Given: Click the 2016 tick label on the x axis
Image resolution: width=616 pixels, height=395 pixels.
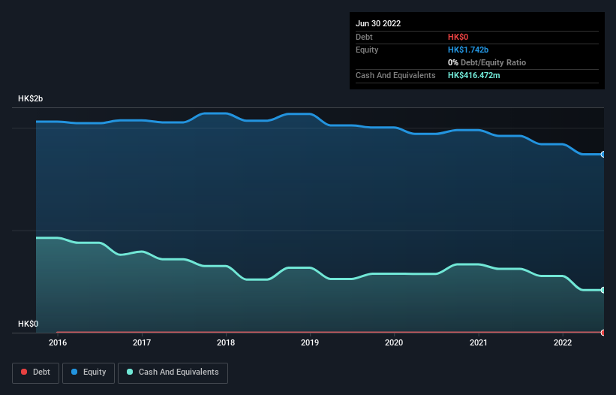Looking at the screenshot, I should (x=57, y=342).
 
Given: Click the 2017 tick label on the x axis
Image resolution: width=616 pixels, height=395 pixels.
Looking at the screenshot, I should (x=141, y=342).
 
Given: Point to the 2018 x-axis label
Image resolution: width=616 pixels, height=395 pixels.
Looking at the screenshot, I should (x=225, y=342).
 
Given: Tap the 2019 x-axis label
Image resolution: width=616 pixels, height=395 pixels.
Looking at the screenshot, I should (x=309, y=342).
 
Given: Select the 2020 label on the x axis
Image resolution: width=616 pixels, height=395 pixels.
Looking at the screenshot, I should (x=393, y=342).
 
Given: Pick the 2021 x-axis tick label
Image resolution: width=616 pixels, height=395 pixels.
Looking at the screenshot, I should (x=477, y=342).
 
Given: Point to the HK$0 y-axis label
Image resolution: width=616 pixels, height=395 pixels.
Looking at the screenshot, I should (x=29, y=324).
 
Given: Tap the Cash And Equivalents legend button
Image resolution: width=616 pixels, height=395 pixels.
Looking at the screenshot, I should (x=173, y=372).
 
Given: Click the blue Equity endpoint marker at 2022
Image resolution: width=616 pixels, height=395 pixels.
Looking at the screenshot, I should (x=602, y=154).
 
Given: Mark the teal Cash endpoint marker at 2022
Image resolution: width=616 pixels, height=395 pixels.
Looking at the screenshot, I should (x=602, y=290).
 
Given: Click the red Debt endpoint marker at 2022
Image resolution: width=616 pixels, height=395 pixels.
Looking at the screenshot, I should (x=602, y=332).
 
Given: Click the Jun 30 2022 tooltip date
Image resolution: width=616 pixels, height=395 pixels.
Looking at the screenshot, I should (x=378, y=23).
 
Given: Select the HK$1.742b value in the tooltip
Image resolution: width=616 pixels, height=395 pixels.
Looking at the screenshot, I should (x=468, y=50).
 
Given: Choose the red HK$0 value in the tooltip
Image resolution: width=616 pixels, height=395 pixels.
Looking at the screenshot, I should (x=458, y=37).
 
